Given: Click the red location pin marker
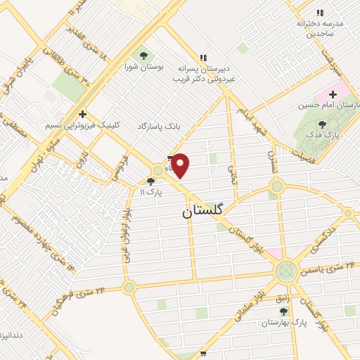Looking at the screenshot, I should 181,165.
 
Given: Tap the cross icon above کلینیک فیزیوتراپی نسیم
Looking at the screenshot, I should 83,113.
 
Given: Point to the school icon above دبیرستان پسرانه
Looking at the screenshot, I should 203,58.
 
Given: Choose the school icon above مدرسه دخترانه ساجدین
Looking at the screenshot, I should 320,13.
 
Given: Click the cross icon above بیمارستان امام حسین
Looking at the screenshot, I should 333,94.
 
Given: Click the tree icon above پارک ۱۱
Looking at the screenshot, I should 150,181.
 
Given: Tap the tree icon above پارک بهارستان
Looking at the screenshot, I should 283,311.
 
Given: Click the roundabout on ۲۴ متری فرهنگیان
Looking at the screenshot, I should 129,287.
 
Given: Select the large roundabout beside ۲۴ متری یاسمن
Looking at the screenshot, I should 286,270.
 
